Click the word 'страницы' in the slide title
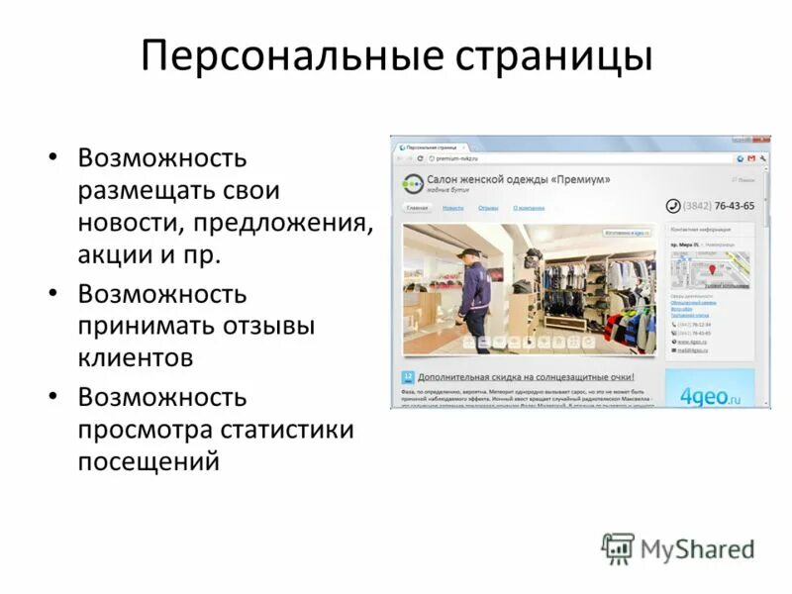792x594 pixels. [554, 56]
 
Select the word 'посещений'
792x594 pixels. [148, 462]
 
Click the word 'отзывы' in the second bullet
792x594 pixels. [268, 326]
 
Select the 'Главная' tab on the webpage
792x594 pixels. [417, 208]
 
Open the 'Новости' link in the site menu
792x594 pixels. [453, 208]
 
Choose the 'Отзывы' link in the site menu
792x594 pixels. [488, 208]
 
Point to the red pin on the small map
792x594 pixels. [709, 270]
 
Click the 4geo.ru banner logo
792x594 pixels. [709, 393]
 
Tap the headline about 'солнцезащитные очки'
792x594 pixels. [525, 377]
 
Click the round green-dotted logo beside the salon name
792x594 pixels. [411, 183]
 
